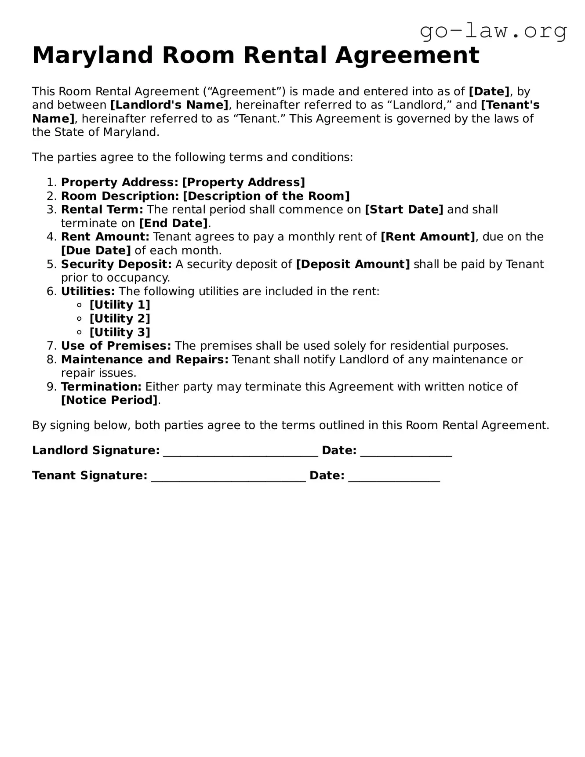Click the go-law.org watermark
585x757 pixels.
[x=493, y=31]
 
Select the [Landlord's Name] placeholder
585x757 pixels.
[x=169, y=105]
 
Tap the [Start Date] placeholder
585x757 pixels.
[x=404, y=210]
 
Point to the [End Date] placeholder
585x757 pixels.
[x=173, y=223]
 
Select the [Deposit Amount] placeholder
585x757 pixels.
[x=353, y=264]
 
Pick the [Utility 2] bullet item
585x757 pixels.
[x=120, y=319]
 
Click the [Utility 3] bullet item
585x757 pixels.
[x=120, y=332]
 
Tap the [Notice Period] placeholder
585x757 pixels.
[x=109, y=400]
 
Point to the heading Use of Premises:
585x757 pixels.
[x=116, y=346]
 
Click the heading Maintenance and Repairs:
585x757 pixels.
[x=145, y=359]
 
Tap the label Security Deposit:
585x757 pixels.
[x=116, y=264]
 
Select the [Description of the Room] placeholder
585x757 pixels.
[x=266, y=196]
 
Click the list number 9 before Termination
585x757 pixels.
[x=51, y=387]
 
